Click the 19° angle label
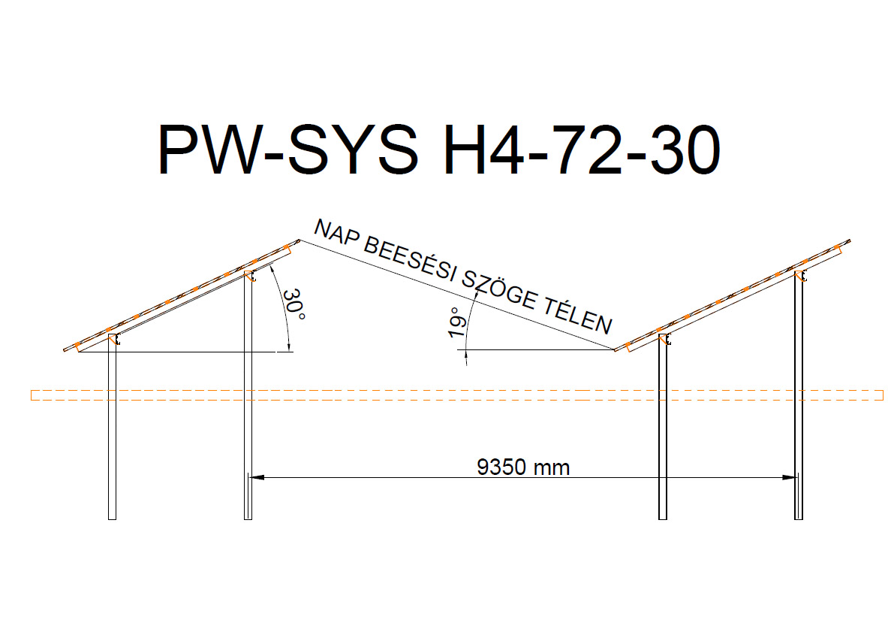point(458,322)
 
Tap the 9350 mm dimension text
point(523,467)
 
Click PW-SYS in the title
point(287,150)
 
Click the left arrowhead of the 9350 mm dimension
point(256,477)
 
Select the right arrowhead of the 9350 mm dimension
point(790,477)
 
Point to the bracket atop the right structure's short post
point(666,339)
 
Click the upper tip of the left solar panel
point(300,240)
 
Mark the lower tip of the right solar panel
point(615,349)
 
